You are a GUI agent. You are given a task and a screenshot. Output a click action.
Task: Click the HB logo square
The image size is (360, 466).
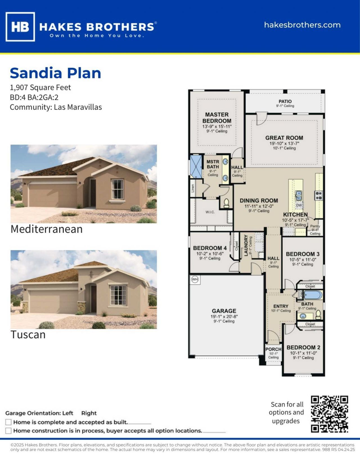tap(20, 27)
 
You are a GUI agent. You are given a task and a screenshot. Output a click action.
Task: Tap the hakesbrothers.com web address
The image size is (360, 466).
tap(302, 25)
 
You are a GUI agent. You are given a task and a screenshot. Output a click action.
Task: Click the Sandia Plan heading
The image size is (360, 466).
tap(55, 73)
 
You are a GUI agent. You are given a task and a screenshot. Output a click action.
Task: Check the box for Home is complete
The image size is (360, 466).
tap(8, 422)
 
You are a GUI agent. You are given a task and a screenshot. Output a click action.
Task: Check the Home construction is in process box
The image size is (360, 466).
tap(8, 431)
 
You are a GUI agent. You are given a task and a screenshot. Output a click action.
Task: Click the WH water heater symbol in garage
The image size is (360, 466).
tap(195, 280)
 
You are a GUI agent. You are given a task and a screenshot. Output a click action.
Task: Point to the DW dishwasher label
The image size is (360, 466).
tap(299, 205)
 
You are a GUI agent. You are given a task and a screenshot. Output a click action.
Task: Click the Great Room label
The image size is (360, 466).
tap(284, 138)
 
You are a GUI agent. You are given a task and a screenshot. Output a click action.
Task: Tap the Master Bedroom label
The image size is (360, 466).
tap(217, 118)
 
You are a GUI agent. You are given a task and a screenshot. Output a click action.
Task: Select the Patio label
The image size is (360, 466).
tap(285, 102)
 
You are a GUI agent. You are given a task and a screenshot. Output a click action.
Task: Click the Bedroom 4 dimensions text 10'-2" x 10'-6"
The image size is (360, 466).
tap(210, 253)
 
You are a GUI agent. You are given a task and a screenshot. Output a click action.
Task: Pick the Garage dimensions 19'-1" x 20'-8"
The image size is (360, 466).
tap(224, 317)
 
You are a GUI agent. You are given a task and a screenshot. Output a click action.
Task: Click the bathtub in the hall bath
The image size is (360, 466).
tap(313, 295)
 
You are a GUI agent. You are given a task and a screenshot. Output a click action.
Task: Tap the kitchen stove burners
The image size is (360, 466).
tap(318, 195)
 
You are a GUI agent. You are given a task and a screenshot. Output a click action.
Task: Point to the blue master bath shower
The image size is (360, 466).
tap(196, 166)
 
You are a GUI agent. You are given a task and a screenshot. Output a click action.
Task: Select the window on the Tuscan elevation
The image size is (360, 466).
tap(118, 295)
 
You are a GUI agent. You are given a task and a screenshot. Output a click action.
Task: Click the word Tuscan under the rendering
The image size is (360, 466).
tap(28, 335)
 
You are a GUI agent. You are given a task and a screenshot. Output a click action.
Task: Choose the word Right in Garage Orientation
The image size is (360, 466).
tap(89, 413)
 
